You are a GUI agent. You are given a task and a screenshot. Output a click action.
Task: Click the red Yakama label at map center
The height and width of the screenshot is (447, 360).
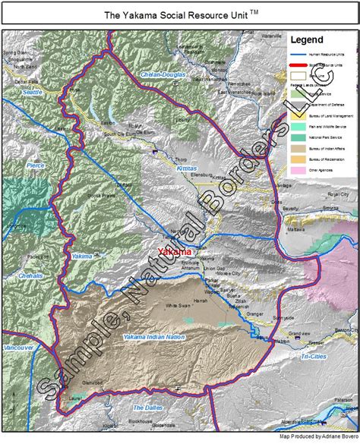(173, 252)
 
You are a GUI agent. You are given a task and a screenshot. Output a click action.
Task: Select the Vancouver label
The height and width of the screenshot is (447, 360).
(17, 347)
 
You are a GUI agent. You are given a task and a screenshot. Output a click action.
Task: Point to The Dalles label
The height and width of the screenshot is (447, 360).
(148, 408)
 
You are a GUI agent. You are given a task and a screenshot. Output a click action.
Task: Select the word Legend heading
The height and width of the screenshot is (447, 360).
(311, 39)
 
